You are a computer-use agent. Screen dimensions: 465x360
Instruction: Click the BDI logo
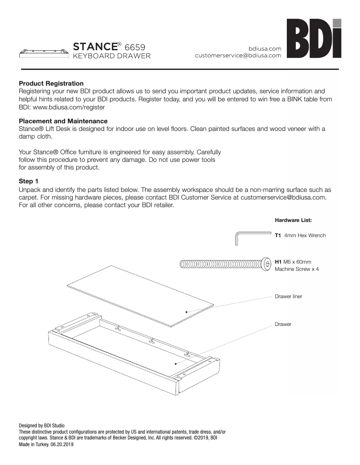coord(316,39)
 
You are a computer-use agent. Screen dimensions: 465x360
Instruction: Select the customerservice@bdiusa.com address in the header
coord(238,56)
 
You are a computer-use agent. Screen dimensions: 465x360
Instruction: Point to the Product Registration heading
coord(51,83)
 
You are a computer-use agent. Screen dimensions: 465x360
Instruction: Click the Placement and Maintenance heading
coord(63,121)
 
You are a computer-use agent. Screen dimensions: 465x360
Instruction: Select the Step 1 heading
coord(29,181)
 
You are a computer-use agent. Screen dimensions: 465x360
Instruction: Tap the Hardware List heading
coord(293,220)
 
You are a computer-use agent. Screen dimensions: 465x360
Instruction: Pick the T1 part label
coord(278,235)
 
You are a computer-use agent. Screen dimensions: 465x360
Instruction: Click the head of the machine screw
coord(266,265)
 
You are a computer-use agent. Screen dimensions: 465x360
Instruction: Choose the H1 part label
coord(278,262)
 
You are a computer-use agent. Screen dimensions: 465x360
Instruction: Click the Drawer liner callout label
coord(288,296)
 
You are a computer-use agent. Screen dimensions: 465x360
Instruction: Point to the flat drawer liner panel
coord(139,291)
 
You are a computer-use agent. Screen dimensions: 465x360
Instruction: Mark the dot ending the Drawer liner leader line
coord(185,312)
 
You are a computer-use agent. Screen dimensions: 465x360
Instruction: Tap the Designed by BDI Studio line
coord(41,425)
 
